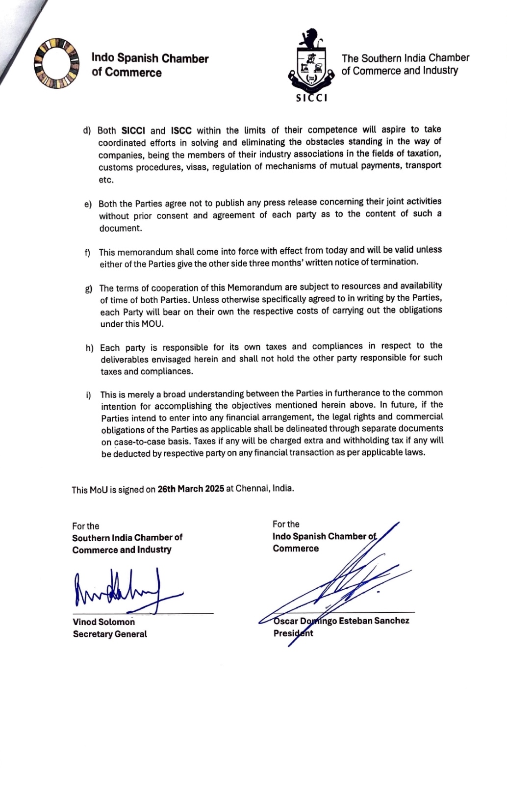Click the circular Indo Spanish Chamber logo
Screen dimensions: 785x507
click(56, 64)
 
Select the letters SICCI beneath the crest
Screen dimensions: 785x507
click(312, 98)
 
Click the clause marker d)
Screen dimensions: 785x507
click(87, 131)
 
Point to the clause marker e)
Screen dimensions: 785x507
click(88, 204)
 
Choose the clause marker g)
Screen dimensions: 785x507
click(89, 289)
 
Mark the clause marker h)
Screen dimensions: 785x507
click(89, 348)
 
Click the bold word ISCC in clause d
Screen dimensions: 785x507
click(181, 131)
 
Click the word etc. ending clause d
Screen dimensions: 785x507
click(106, 180)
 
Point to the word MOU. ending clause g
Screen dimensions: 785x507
click(152, 324)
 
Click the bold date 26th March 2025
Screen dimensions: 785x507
click(191, 489)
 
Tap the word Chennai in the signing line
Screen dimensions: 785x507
click(252, 489)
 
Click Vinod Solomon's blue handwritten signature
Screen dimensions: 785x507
click(123, 591)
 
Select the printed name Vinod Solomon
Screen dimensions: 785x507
click(104, 622)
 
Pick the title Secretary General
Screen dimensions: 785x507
click(110, 634)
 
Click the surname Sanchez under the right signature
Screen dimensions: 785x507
click(391, 621)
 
